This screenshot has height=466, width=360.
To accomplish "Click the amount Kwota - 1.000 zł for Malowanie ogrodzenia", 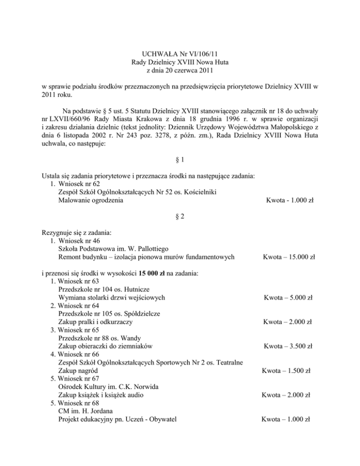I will (x=289, y=201).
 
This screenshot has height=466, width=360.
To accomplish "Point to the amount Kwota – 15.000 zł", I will (x=289, y=257).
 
